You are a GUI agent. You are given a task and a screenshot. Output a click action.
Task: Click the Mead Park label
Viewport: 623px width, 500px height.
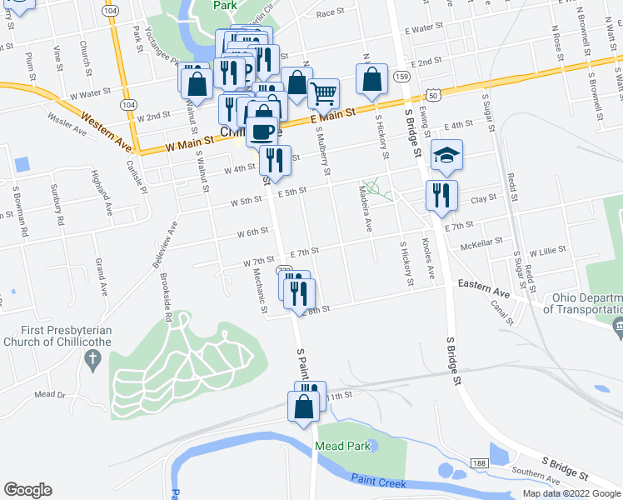pos(342,446)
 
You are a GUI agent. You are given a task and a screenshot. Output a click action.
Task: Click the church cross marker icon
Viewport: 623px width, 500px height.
pos(92,360)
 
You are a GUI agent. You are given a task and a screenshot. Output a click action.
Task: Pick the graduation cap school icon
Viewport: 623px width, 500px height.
pos(446,154)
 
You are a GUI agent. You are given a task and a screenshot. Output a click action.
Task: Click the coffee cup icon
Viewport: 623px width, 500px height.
pos(262,131)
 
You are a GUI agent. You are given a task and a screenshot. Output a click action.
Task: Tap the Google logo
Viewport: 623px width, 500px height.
pos(28,489)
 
